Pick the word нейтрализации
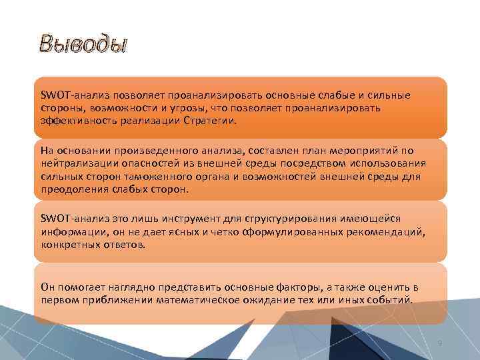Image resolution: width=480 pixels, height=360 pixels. tap(77, 164)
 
